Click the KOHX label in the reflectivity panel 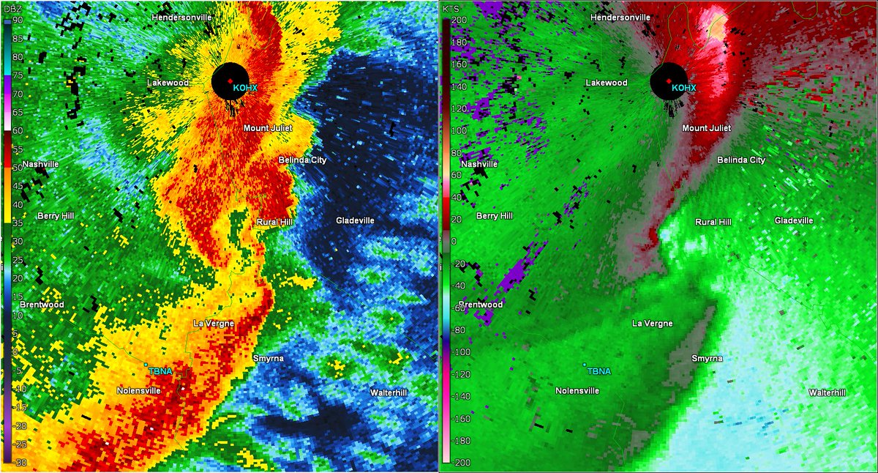click(245, 88)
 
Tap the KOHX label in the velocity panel click(683, 88)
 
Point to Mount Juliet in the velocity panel click(706, 128)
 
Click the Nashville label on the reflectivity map click(40, 165)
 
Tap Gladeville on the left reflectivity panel click(356, 220)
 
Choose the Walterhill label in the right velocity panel click(827, 393)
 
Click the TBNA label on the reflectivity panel click(160, 371)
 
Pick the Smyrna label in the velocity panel click(707, 358)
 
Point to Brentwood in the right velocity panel click(481, 304)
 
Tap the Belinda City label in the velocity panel click(741, 160)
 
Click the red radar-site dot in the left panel click(229, 81)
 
